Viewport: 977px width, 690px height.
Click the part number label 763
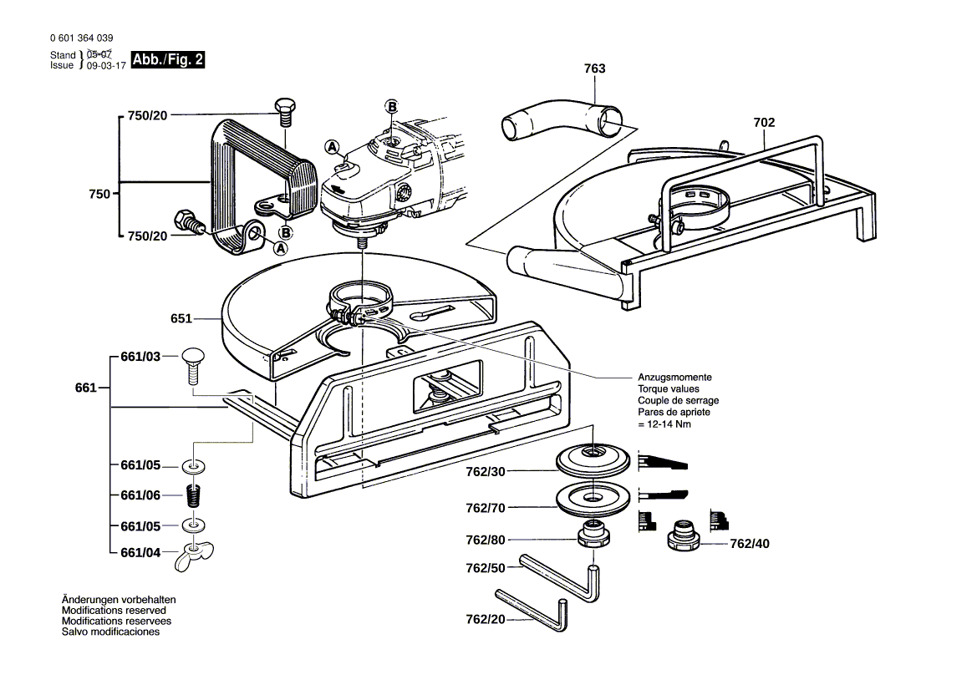coord(594,68)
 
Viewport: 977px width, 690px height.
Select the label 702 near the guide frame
coord(764,122)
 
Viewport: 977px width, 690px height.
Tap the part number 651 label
coord(181,318)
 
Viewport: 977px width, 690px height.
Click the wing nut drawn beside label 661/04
coord(194,556)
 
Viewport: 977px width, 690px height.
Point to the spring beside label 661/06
coord(195,495)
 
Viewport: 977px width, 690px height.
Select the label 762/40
coord(749,543)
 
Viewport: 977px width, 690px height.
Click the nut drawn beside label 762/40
coord(685,535)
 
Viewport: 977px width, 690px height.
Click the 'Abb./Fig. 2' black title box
coord(168,60)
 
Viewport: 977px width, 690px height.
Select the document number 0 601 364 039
coord(81,38)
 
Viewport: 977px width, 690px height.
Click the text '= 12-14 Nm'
coord(664,424)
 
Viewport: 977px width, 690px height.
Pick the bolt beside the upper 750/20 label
coord(284,109)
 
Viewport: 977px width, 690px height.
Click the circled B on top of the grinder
coord(390,105)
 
